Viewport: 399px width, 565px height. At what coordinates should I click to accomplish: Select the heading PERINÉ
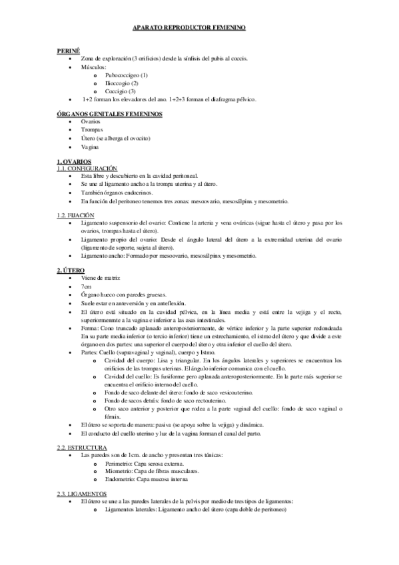[69, 51]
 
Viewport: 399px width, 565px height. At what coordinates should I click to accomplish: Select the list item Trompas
[92, 130]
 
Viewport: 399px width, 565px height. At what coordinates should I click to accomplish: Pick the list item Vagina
[90, 146]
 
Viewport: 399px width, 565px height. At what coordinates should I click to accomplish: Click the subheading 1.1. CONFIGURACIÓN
[87, 169]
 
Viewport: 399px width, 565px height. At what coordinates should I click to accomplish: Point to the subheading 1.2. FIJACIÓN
[76, 215]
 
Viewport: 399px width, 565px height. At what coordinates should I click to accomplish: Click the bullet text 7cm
[87, 285]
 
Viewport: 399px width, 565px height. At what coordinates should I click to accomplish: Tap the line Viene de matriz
[100, 277]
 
